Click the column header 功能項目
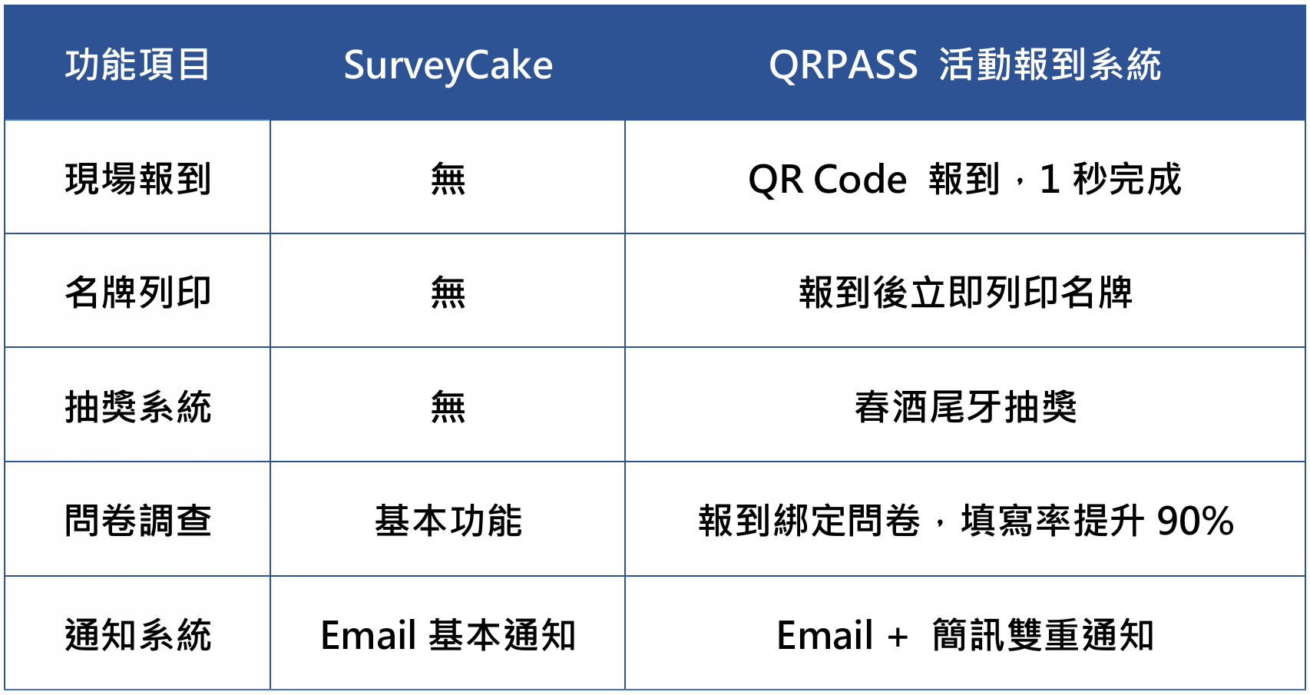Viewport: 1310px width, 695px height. pos(137,65)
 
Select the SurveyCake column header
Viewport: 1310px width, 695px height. pos(448,65)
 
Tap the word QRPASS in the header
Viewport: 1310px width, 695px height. pos(843,65)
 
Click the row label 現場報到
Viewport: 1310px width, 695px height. pos(137,178)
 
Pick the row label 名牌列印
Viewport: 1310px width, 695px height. pos(137,292)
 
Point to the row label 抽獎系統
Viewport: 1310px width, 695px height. pos(137,406)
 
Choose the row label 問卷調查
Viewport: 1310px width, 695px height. pos(137,520)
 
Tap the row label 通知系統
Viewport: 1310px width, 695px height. pos(137,635)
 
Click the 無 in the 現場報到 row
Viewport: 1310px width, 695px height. pos(448,178)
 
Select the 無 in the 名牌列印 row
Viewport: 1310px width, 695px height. pos(448,292)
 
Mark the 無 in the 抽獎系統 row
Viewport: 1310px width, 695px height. pos(448,406)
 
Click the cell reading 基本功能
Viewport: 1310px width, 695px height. pos(448,520)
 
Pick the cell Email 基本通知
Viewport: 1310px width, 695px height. pos(448,635)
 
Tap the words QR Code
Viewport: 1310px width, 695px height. pos(828,179)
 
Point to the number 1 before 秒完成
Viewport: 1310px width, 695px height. pos(1049,179)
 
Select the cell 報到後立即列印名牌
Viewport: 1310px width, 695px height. pos(965,292)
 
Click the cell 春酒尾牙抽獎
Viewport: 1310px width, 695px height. pos(965,406)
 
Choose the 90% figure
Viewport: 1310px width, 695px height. pos(1195,521)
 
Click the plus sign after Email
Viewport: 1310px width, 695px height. pos(897,636)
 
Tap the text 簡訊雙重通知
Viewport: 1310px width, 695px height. pos(1042,635)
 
